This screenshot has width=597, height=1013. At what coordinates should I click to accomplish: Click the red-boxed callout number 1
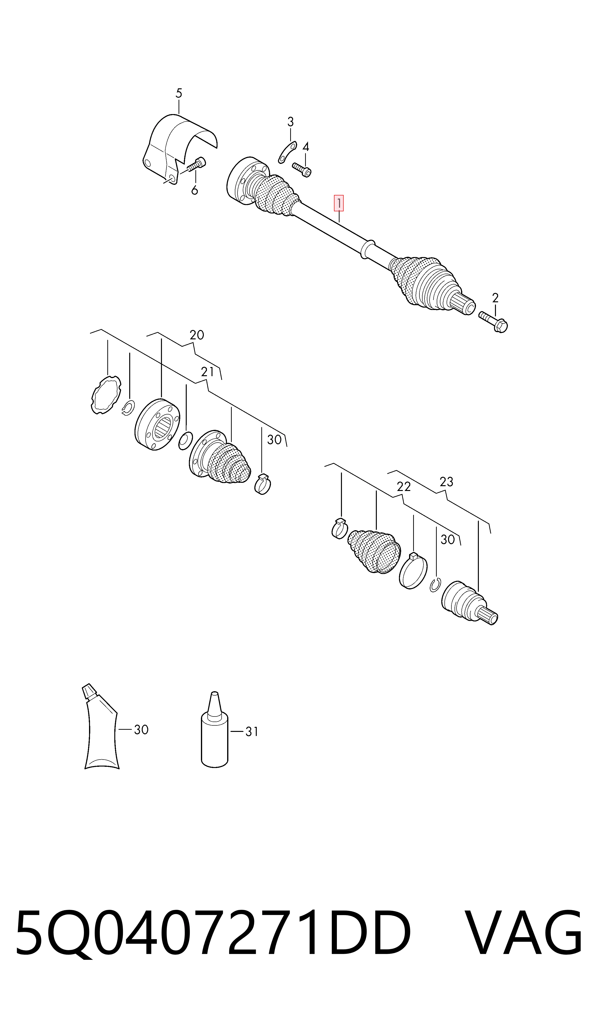pyautogui.click(x=339, y=204)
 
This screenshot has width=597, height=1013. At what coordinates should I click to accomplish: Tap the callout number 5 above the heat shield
pyautogui.click(x=179, y=93)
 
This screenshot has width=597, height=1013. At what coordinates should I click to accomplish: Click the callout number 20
pyautogui.click(x=197, y=335)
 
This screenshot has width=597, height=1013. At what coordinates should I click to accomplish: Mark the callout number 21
pyautogui.click(x=208, y=372)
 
